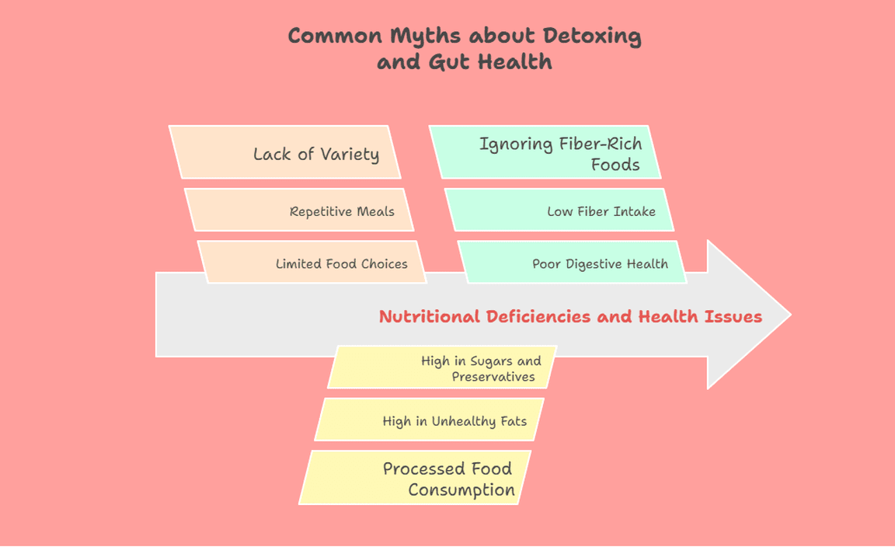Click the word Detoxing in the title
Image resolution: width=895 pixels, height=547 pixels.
coord(593,37)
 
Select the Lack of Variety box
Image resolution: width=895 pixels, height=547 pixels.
coord(284,152)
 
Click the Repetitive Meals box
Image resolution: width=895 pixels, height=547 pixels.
coord(299,210)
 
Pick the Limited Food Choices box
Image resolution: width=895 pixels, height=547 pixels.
coord(312,262)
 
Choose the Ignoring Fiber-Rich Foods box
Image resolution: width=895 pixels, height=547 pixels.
coord(545,152)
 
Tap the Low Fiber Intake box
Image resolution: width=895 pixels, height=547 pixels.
coord(559,210)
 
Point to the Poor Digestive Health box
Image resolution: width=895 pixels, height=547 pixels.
coord(573,262)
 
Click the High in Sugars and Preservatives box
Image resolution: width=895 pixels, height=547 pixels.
coord(442,368)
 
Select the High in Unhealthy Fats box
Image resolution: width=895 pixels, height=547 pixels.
coord(429,420)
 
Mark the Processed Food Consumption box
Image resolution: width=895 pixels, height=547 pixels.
coord(416,477)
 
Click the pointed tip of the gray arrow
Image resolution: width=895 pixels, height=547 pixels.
coord(789,315)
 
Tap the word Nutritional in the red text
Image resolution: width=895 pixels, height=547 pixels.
coord(430,316)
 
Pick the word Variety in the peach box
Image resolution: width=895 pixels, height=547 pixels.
coord(349,154)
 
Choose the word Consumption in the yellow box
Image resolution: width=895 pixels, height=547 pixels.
coord(461,490)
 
